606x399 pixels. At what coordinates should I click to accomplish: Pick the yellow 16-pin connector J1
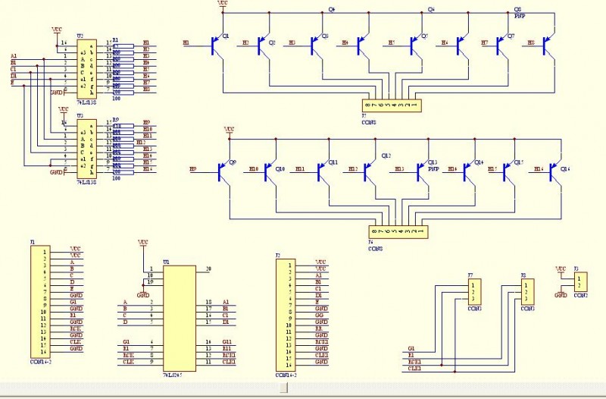[x=35, y=300]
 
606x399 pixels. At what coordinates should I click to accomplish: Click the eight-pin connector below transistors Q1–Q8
[x=391, y=105]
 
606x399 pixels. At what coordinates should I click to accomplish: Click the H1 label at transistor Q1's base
[x=186, y=43]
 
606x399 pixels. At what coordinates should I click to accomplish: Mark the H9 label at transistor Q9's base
[x=193, y=168]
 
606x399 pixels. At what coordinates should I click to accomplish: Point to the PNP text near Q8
[x=520, y=15]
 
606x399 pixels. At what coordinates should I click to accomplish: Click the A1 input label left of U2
[x=14, y=56]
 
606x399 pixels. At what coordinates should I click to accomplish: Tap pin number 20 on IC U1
[x=208, y=269]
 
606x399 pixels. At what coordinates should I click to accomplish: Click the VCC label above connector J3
[x=561, y=269]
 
